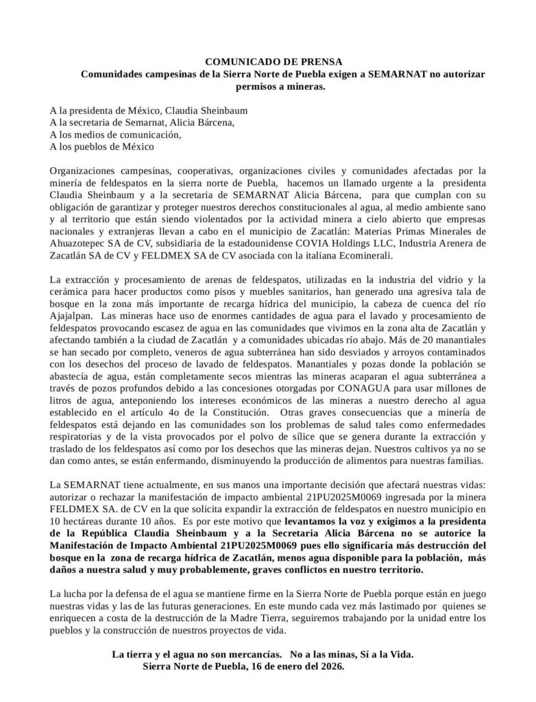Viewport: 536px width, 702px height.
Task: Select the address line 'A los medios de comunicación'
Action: click(115, 135)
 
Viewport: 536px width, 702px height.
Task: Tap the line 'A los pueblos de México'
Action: click(101, 147)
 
